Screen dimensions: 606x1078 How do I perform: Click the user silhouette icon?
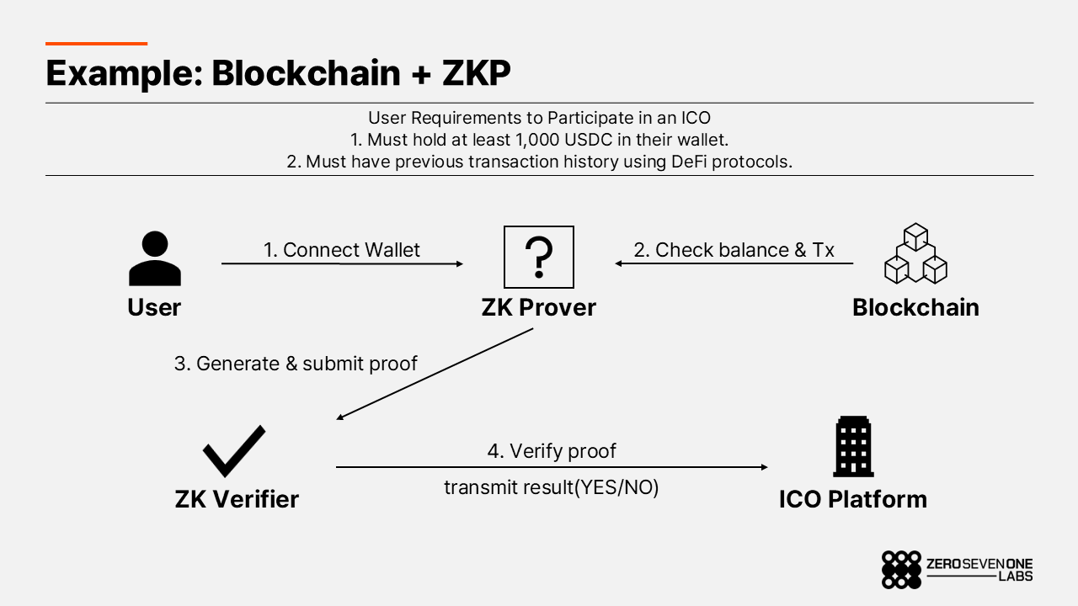pos(155,259)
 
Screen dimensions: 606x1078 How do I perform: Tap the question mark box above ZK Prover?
pos(538,257)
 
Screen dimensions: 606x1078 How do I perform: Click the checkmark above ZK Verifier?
pos(234,451)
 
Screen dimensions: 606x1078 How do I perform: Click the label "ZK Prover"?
pos(538,307)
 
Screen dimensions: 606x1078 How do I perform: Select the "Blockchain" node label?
pos(915,307)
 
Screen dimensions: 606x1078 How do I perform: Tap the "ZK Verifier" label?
pos(237,499)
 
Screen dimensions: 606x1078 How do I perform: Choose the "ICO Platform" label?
pos(852,499)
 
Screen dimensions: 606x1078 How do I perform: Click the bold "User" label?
pos(154,307)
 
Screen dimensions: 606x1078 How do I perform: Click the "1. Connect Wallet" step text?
pos(342,250)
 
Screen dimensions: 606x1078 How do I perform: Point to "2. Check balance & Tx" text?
pos(734,250)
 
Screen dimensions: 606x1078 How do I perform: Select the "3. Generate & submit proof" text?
pos(296,364)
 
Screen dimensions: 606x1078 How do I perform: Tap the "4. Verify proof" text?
pos(552,451)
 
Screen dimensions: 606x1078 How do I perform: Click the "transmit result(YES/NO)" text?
pos(551,487)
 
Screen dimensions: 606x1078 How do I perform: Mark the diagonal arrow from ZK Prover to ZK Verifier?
pos(435,374)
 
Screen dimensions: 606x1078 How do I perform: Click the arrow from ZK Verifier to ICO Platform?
pos(552,467)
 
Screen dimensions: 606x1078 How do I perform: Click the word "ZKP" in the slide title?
pos(476,73)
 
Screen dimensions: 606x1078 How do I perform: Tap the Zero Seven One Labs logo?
pos(957,570)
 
